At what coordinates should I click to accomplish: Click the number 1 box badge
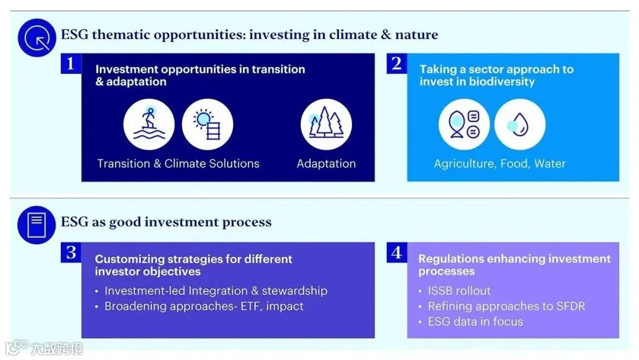click(x=71, y=63)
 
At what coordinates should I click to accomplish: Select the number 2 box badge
click(x=397, y=63)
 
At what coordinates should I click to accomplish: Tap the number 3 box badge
click(x=71, y=253)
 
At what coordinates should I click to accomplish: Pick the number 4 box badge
click(x=397, y=253)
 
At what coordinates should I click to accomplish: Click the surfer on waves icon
click(x=149, y=124)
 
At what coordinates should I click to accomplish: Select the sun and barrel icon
click(x=208, y=124)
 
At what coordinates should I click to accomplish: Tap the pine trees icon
click(x=326, y=124)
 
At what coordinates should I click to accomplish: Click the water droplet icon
click(x=520, y=124)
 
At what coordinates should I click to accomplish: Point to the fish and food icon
click(x=464, y=124)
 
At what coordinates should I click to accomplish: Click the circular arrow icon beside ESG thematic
click(x=37, y=38)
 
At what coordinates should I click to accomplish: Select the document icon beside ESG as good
click(x=37, y=225)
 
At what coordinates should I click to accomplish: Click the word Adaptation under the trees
click(x=326, y=163)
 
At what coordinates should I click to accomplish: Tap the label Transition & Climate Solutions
click(x=178, y=163)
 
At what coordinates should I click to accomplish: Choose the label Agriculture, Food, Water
click(x=499, y=163)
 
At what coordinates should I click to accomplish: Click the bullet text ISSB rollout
click(x=459, y=291)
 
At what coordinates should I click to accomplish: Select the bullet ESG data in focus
click(x=475, y=322)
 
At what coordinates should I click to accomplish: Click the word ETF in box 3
click(x=251, y=306)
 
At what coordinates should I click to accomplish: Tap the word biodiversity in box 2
click(x=502, y=82)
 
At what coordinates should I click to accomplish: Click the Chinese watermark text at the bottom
click(x=57, y=349)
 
